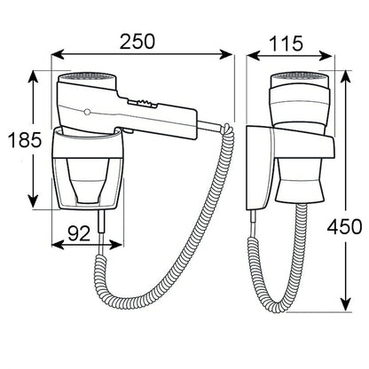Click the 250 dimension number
pyautogui.click(x=137, y=42)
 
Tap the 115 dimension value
pyautogui.click(x=287, y=43)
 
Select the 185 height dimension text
pyautogui.click(x=25, y=140)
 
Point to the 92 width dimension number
pyautogui.click(x=79, y=233)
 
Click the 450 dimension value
pyautogui.click(x=344, y=227)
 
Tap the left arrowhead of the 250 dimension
pyautogui.click(x=58, y=55)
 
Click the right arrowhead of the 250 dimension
pyautogui.click(x=226, y=55)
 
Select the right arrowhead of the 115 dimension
pyautogui.click(x=326, y=55)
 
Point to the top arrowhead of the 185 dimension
pyautogui.click(x=34, y=77)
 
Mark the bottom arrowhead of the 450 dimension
pyautogui.click(x=345, y=304)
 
